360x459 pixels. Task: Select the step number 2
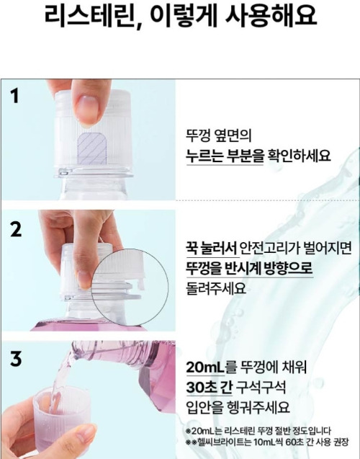point(16,229)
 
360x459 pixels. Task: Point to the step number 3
point(16,359)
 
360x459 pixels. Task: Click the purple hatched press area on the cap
point(92,148)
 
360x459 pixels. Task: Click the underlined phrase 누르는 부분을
point(225,156)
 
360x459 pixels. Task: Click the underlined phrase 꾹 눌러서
point(211,248)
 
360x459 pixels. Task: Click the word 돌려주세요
point(216,288)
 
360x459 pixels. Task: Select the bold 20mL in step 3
point(205,367)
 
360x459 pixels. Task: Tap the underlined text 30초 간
point(209,387)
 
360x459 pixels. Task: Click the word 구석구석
point(261,387)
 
